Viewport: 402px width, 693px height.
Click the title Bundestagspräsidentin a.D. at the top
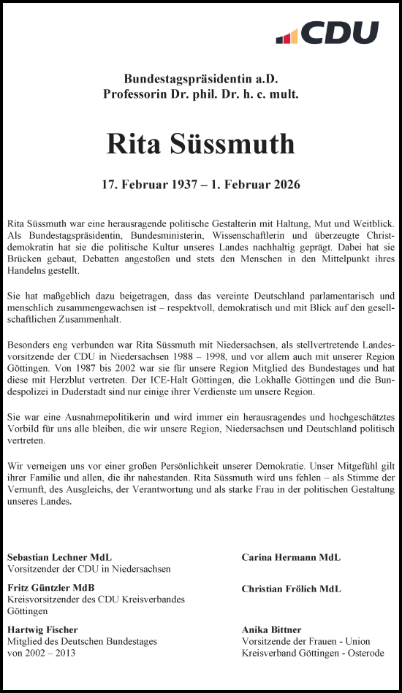point(201,79)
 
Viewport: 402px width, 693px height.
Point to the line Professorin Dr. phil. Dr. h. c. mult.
point(201,93)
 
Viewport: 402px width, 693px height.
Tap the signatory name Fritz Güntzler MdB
point(51,588)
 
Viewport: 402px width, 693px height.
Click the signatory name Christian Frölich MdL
point(291,589)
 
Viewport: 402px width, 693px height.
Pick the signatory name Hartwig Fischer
point(42,629)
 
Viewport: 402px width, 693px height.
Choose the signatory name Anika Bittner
point(271,629)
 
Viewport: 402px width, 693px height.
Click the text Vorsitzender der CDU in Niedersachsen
point(89,569)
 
